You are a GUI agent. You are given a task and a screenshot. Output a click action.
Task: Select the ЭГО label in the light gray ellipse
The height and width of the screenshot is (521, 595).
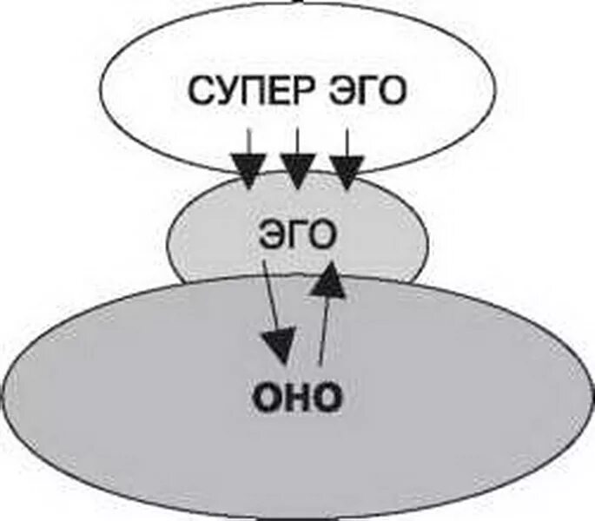297,236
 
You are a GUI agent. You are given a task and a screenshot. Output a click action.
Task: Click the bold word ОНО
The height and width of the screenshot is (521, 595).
298,398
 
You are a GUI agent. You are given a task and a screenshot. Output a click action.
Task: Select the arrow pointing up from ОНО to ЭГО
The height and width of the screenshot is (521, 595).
327,313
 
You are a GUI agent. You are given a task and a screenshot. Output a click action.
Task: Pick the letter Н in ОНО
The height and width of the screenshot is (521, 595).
298,398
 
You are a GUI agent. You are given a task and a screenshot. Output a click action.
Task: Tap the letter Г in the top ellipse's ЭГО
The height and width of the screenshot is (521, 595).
367,92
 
